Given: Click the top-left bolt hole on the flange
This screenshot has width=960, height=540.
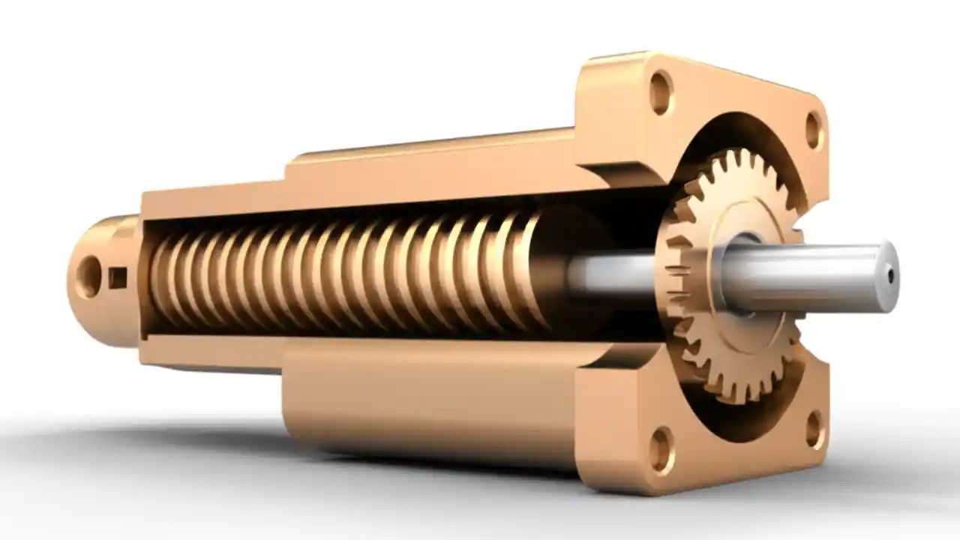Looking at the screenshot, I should pyautogui.click(x=661, y=91).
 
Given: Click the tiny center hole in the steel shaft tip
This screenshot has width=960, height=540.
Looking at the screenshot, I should pyautogui.click(x=890, y=276).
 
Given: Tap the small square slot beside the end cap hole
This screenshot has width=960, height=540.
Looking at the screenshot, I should pyautogui.click(x=117, y=278).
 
